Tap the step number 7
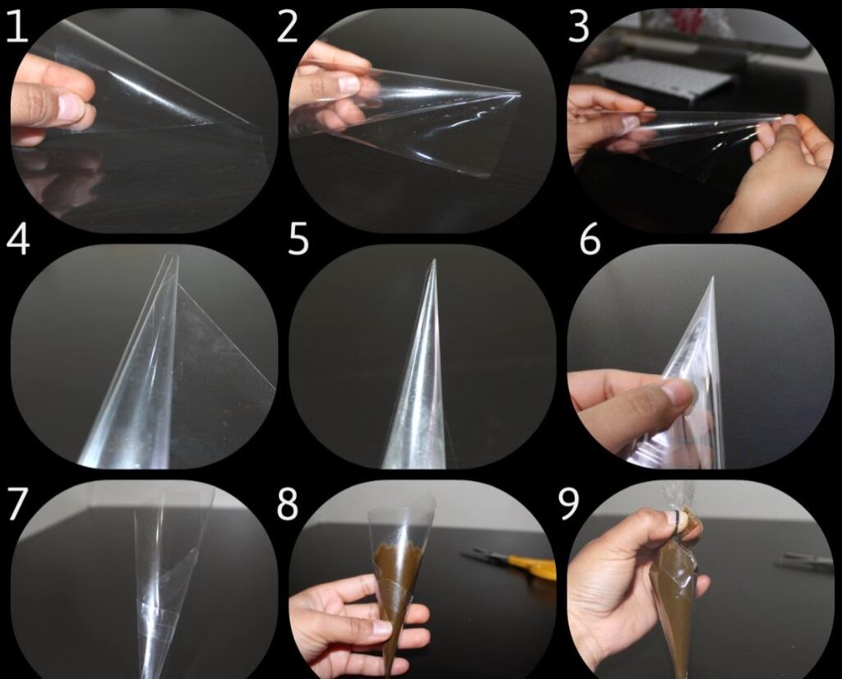tap(18, 504)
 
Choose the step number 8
tap(287, 504)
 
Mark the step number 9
tap(570, 504)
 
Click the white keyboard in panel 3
tap(658, 78)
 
